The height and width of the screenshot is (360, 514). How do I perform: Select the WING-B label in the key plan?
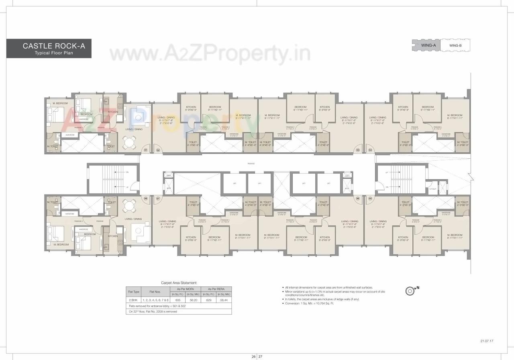point(455,45)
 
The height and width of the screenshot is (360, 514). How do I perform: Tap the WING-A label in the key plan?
point(428,45)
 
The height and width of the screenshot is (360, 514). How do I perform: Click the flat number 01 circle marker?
point(146,150)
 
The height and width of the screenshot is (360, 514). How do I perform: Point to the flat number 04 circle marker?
point(370,150)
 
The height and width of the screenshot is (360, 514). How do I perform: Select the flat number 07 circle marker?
point(158,198)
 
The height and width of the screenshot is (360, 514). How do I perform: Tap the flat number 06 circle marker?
point(358,198)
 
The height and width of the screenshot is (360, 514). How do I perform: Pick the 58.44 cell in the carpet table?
point(224,300)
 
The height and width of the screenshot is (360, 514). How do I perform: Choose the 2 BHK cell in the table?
point(134,300)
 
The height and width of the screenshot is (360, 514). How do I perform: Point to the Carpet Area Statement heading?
point(179,283)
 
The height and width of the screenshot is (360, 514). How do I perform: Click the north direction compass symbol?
point(410,289)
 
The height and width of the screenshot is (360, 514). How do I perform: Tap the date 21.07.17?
point(486,341)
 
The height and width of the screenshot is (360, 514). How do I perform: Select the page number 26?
point(253,356)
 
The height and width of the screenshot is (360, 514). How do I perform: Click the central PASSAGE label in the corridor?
point(251,164)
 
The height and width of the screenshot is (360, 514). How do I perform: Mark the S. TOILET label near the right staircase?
point(432,189)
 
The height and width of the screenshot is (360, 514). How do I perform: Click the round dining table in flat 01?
point(129,141)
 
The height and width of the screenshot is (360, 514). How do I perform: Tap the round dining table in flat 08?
point(129,204)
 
